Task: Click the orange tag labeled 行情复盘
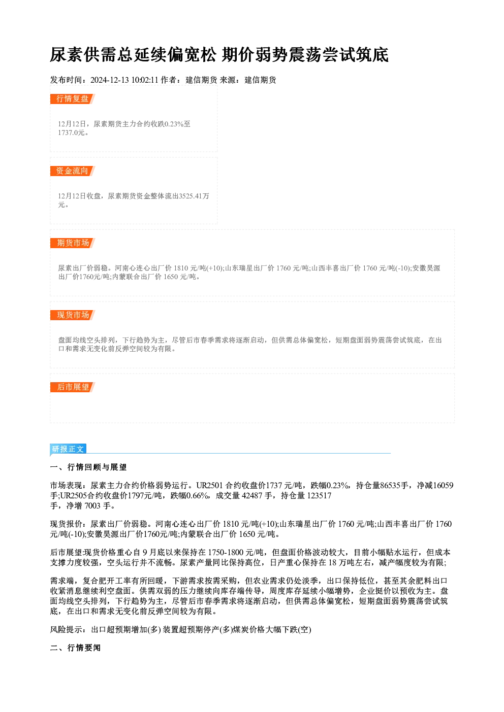coord(73,99)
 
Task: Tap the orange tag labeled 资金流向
coord(73,171)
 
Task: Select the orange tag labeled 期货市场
coord(73,243)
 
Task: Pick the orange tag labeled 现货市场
coord(73,315)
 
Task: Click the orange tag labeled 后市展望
coord(73,387)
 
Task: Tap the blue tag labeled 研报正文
coord(68,449)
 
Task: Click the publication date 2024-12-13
coord(110,80)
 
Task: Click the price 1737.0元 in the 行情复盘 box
coord(71,133)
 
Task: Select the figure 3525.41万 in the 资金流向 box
coord(194,196)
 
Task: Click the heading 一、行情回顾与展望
coord(88,467)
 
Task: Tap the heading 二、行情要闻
coord(75,648)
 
